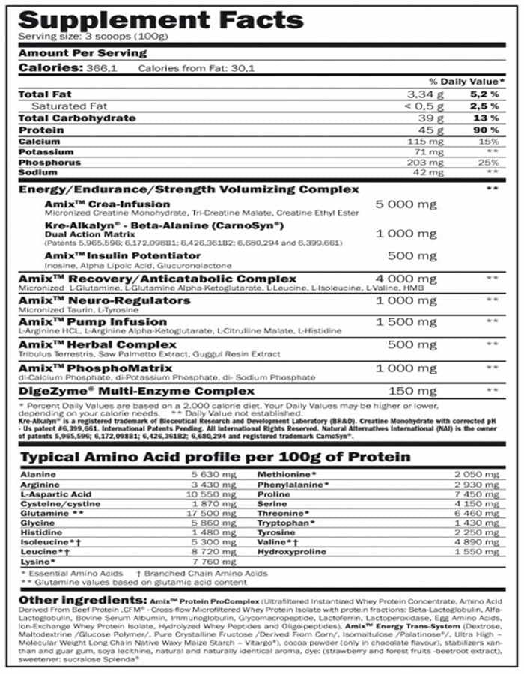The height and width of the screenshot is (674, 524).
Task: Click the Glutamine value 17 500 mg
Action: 219,513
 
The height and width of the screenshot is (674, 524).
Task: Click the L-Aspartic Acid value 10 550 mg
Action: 219,494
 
